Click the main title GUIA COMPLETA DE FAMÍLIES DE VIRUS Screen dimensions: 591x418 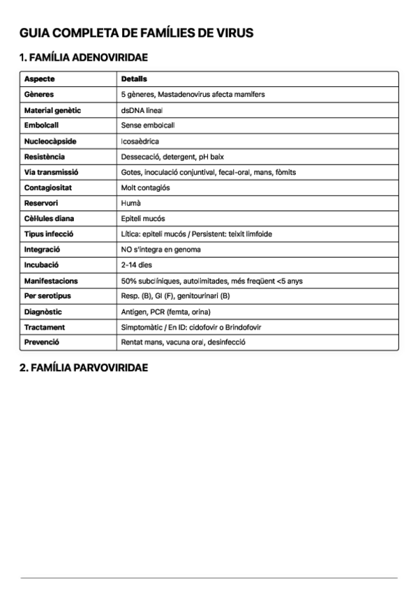(137, 33)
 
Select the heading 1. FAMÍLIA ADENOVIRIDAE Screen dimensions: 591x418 (84, 58)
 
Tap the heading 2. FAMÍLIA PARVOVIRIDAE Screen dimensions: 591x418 (84, 367)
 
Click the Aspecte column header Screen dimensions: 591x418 (39, 79)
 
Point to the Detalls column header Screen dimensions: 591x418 (134, 79)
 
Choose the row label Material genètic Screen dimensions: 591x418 (52, 110)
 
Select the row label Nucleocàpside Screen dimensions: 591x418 (50, 141)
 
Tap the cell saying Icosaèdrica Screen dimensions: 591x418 (140, 141)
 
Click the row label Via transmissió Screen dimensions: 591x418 (51, 172)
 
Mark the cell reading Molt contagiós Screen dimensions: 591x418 (145, 187)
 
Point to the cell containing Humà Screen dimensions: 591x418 (131, 203)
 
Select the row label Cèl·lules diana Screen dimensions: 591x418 (49, 218)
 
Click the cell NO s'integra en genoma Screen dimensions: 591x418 (161, 249)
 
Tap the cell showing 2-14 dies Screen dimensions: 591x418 (136, 265)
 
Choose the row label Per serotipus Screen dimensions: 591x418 (47, 296)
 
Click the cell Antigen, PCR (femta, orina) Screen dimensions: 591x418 (165, 312)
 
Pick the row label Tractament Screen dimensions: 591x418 (44, 327)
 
